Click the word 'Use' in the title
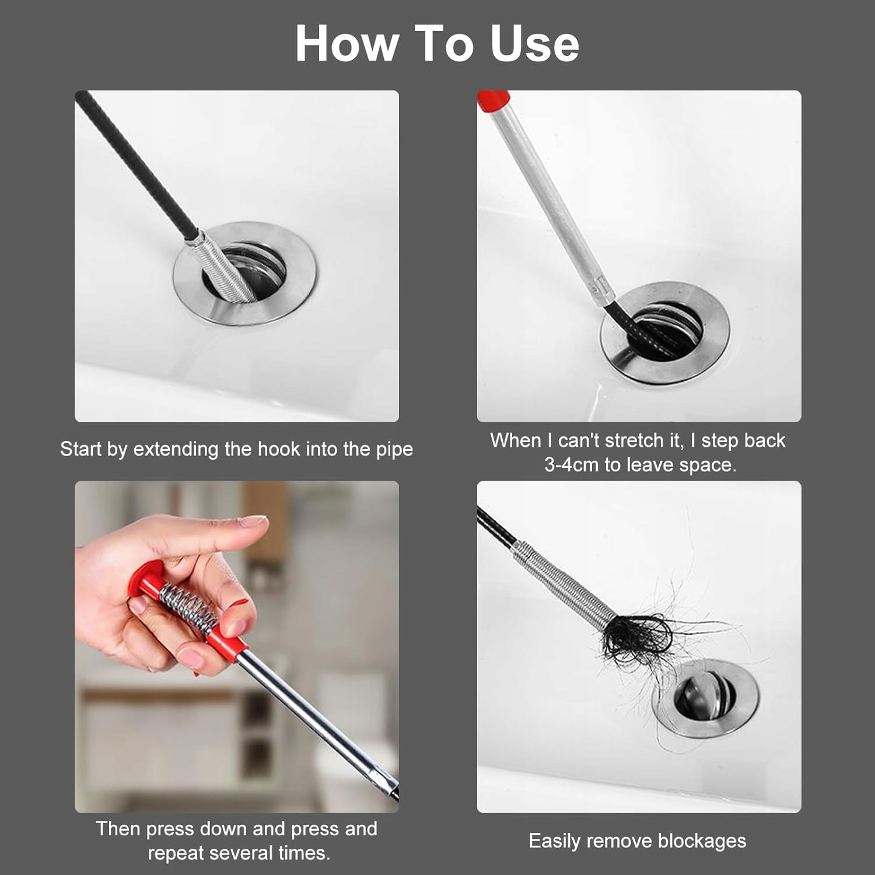pyautogui.click(x=534, y=44)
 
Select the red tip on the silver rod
pyautogui.click(x=493, y=100)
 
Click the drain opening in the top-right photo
pyautogui.click(x=666, y=330)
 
